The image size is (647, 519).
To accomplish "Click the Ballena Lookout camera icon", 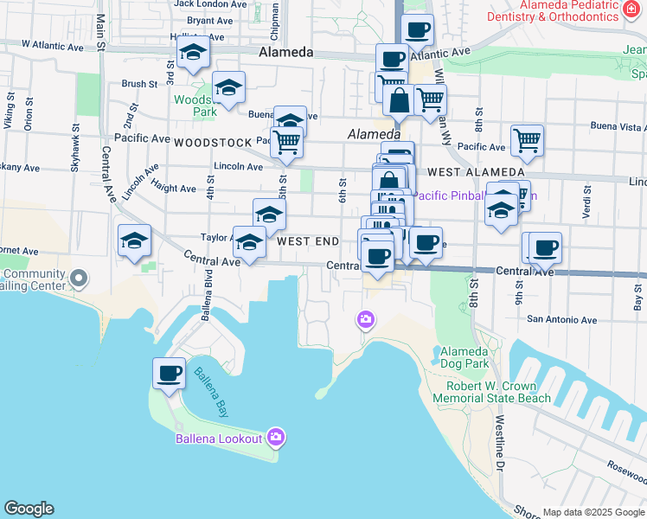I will coord(276,435).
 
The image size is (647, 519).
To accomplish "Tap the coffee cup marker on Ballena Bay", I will coord(169,374).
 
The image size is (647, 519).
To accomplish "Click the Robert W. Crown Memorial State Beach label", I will coord(492,392).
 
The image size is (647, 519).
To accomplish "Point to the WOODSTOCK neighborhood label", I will coord(212,142).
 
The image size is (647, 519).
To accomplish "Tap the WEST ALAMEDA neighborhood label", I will coord(466,173).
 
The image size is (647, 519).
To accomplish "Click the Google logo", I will coord(29,509).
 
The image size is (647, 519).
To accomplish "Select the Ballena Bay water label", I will coord(210,389).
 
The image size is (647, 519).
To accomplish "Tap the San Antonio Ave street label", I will coord(562,320).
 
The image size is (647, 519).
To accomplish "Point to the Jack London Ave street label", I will coord(208,4).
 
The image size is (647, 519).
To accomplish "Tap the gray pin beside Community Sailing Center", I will coord(80,279).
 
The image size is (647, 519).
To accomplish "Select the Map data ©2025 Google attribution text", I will coord(593,512).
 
